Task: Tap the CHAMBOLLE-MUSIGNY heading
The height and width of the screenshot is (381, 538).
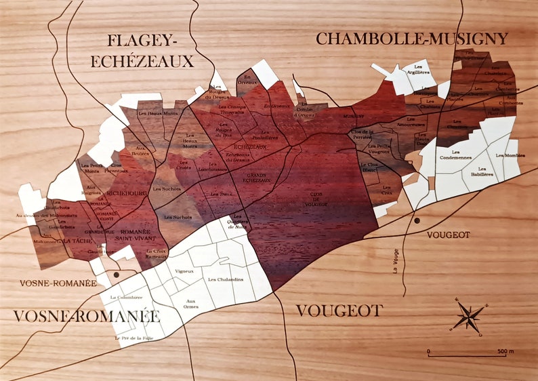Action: (412, 39)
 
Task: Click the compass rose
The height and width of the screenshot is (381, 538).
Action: (469, 315)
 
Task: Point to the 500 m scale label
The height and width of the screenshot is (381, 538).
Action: (505, 351)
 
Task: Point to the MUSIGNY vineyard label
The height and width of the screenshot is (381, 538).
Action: (354, 117)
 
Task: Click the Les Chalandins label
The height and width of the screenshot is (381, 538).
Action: (226, 279)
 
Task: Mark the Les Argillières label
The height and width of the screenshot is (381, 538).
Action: (422, 69)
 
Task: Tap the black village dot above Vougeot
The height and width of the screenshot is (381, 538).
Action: (417, 221)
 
